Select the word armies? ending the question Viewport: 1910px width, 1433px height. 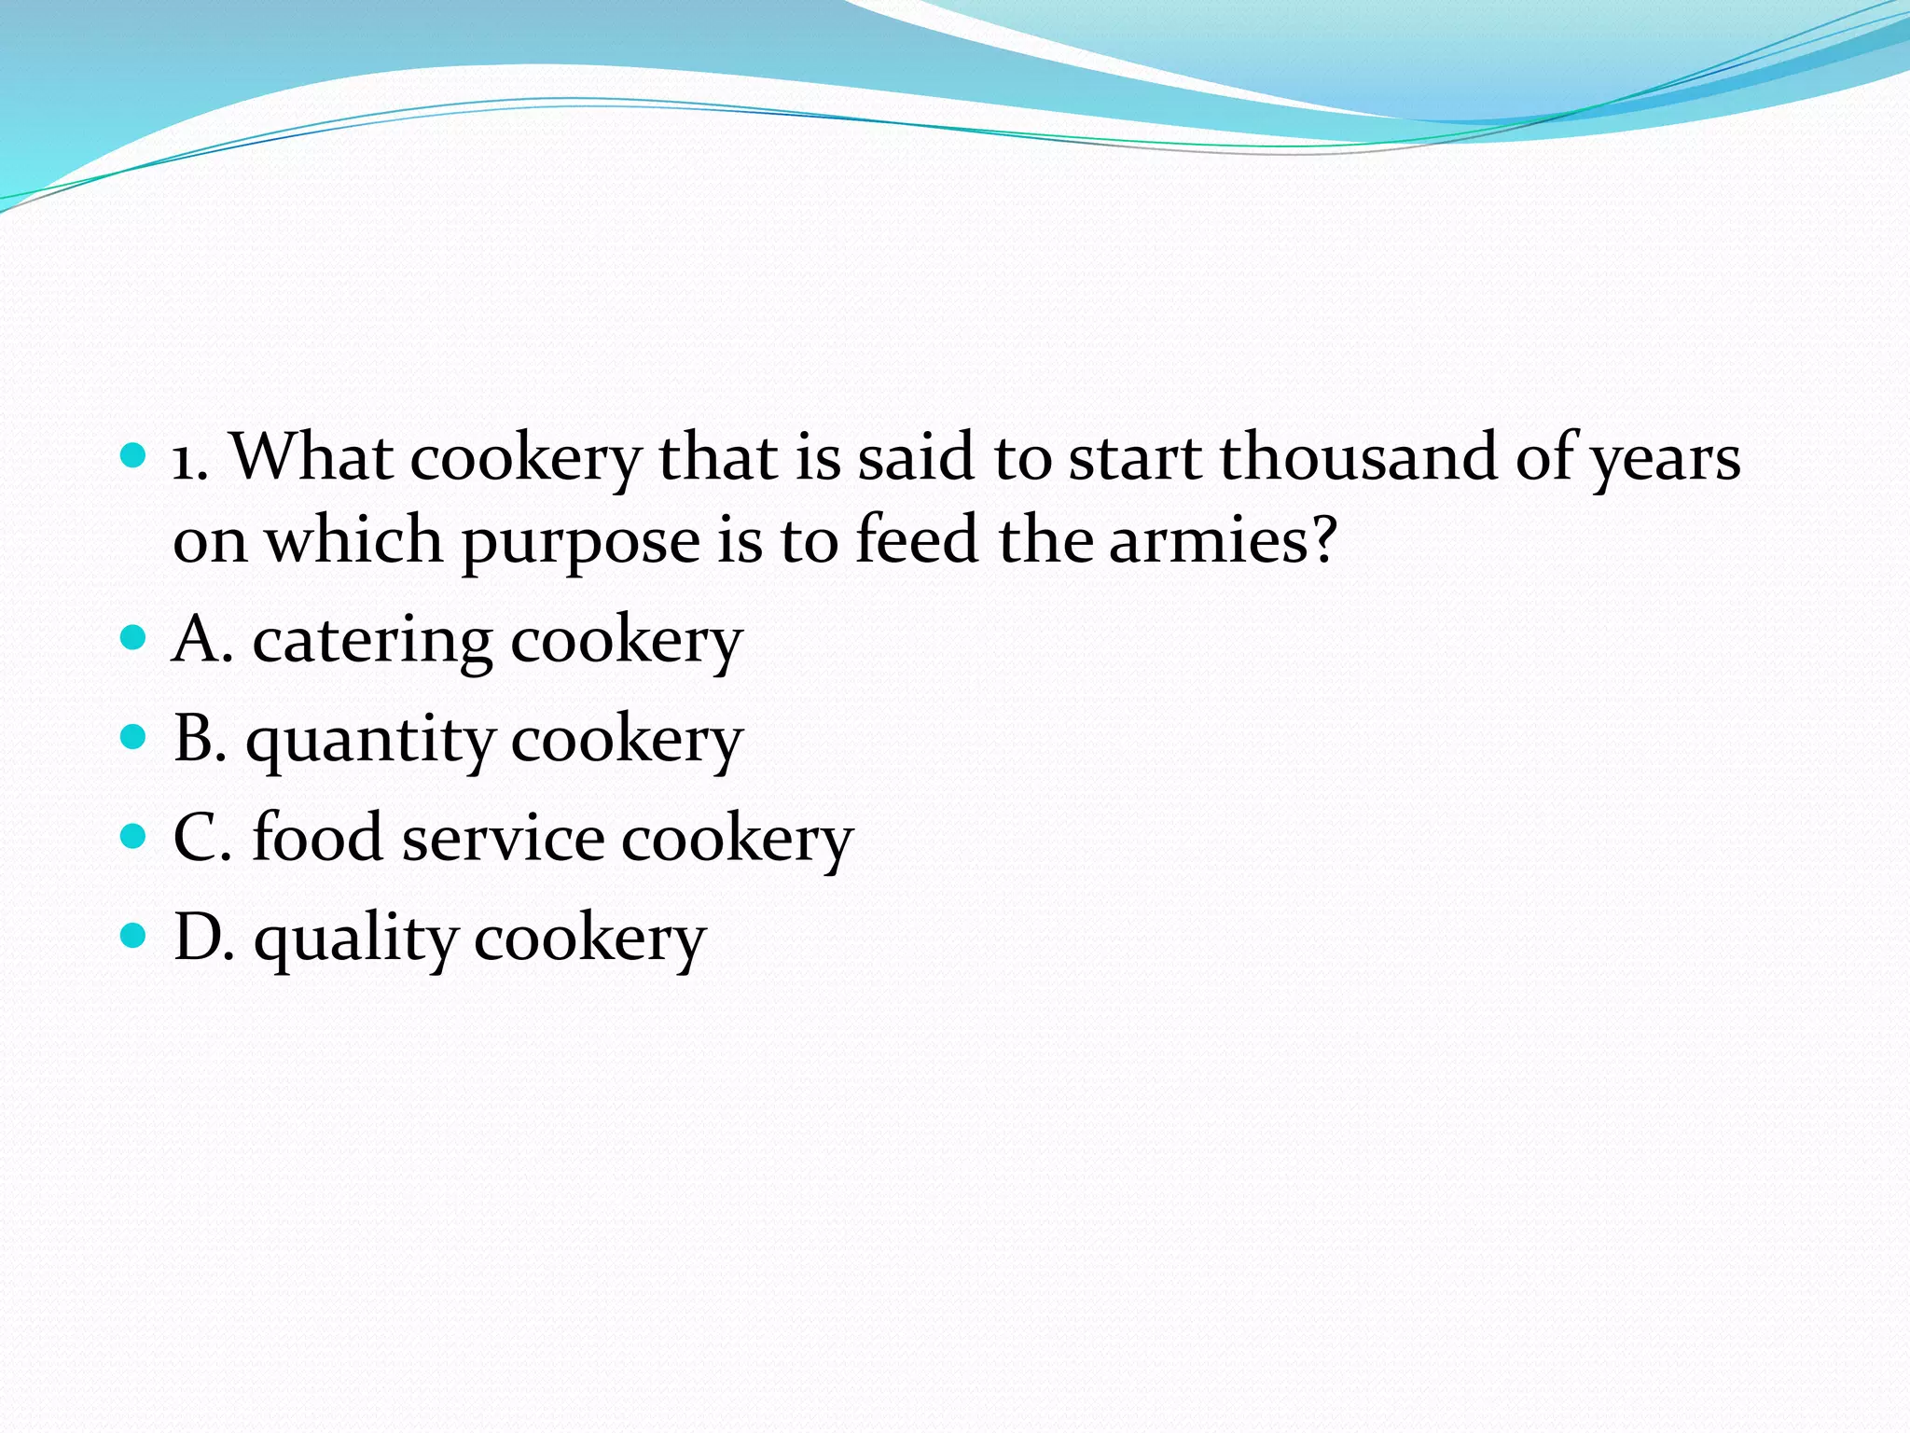click(x=1223, y=540)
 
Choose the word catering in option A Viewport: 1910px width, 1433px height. click(x=372, y=641)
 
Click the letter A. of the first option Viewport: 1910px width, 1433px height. click(x=202, y=640)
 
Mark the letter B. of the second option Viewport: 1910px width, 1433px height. click(x=201, y=739)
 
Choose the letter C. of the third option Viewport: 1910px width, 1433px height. click(x=202, y=837)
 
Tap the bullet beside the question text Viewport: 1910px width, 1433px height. click(x=134, y=456)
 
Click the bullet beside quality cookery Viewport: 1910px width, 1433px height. click(x=134, y=936)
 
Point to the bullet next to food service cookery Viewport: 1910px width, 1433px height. click(x=134, y=836)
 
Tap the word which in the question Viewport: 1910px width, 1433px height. click(x=353, y=540)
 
